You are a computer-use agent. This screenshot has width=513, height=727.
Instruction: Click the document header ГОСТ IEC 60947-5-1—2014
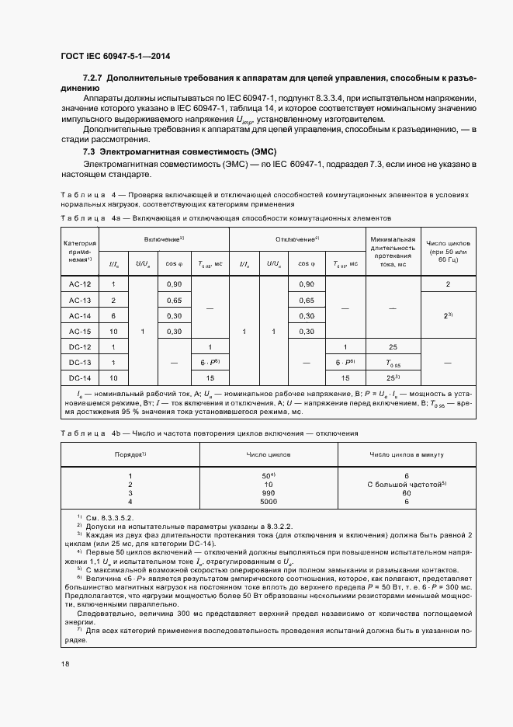[x=115, y=57]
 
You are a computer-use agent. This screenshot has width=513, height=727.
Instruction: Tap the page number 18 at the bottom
[x=65, y=664]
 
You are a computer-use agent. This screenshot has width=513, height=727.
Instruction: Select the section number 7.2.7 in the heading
[x=93, y=79]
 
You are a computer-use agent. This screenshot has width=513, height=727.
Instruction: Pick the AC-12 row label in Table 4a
[x=80, y=285]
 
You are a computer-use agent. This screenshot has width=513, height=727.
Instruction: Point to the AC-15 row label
[x=80, y=331]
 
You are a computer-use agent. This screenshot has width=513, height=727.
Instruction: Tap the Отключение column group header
[x=297, y=238]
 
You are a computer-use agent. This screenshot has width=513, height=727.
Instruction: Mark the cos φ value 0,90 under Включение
[x=175, y=285]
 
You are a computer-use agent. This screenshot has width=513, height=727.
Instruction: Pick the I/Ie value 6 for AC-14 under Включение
[x=113, y=315]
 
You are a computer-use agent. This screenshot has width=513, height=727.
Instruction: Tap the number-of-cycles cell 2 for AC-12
[x=448, y=285]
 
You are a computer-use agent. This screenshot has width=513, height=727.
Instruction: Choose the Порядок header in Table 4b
[x=130, y=453]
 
